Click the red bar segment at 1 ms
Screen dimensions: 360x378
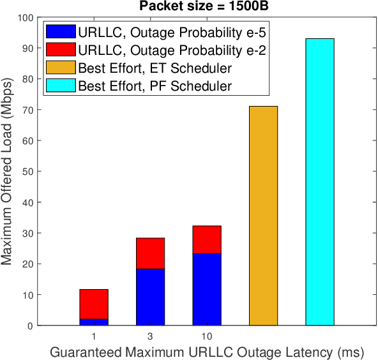[94, 304]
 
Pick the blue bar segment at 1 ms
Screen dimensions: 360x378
[94, 322]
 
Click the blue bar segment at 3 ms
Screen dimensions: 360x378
[150, 297]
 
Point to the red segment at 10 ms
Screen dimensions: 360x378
[207, 239]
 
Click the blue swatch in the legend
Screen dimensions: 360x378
[60, 31]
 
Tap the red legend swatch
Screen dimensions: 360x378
[60, 49]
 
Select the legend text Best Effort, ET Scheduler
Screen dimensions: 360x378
[155, 67]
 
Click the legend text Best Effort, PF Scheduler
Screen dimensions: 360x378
[155, 85]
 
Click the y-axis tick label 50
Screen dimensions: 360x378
[28, 172]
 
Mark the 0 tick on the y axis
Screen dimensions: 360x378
[31, 326]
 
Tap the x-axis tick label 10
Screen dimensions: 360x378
[207, 336]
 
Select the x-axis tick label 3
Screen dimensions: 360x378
[150, 336]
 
